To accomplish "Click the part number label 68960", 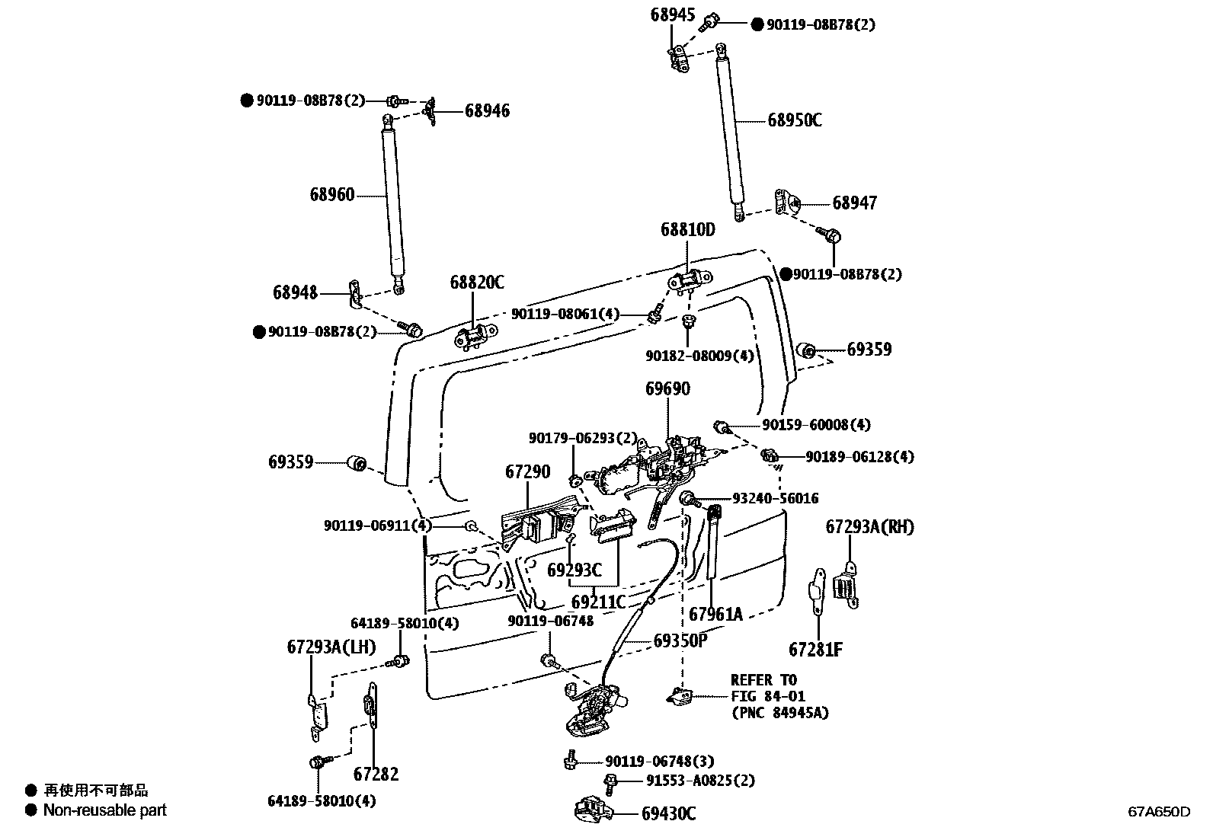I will (331, 195).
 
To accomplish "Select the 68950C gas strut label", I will (794, 120).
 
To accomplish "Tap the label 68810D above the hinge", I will (687, 229).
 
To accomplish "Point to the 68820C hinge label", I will (476, 283).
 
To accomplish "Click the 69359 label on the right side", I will (869, 350).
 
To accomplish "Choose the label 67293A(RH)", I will (869, 527).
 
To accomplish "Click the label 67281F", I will (815, 650).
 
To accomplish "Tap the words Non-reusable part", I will (104, 810).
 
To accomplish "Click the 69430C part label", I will (667, 814).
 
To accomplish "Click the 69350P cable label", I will (680, 641).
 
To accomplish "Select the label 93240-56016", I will (775, 498).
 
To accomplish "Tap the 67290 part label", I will (527, 472).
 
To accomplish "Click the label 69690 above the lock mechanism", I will (667, 389).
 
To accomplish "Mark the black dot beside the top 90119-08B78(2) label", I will (757, 24).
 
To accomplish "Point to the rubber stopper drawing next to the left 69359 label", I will (357, 462).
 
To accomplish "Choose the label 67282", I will (376, 775).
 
